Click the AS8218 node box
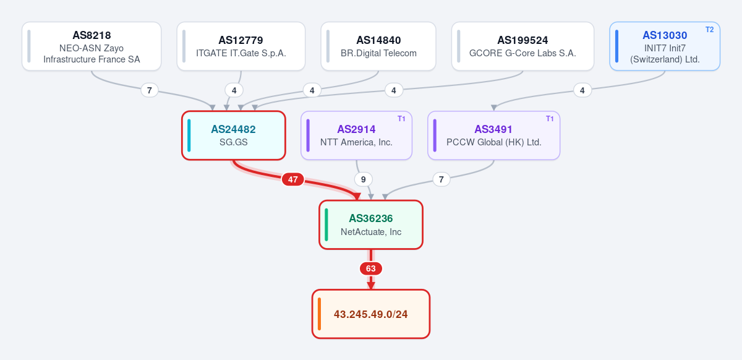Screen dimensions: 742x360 92,46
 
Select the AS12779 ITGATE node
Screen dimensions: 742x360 241,46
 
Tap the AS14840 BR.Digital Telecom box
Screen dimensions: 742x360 378,46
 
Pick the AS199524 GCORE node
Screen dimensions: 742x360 522,46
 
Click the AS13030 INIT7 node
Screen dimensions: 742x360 665,46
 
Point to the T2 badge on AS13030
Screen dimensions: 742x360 710,30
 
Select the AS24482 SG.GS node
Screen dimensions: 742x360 234,135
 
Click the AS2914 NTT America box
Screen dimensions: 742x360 356,135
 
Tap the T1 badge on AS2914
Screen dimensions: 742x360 401,119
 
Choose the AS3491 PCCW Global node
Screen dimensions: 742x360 494,135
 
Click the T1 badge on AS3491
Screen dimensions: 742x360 550,119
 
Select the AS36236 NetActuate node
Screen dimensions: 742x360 371,225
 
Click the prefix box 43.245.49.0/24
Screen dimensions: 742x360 371,314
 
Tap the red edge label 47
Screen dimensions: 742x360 293,179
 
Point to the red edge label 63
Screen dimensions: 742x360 371,268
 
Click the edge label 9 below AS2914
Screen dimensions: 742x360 364,179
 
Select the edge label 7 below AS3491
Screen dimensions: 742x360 441,179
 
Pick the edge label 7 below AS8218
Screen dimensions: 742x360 150,90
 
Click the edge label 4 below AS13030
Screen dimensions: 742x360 582,90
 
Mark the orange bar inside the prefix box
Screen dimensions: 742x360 319,314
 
